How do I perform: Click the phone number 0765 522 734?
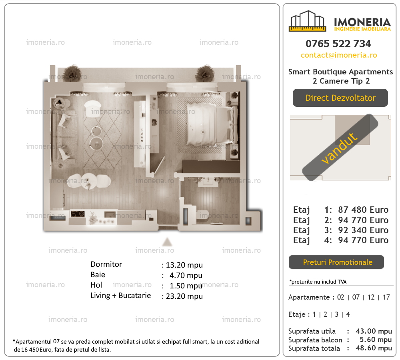click(338, 44)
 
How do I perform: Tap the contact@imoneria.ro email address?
click(339, 55)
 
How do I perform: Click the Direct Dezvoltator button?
click(340, 98)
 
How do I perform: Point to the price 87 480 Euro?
click(363, 210)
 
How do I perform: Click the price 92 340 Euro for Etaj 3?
click(363, 230)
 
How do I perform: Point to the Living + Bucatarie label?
click(120, 296)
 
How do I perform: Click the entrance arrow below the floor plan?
click(167, 242)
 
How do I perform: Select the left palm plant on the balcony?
click(72, 72)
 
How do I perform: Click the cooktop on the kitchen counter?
click(78, 214)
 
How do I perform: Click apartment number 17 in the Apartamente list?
click(386, 297)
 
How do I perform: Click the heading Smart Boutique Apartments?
click(340, 72)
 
